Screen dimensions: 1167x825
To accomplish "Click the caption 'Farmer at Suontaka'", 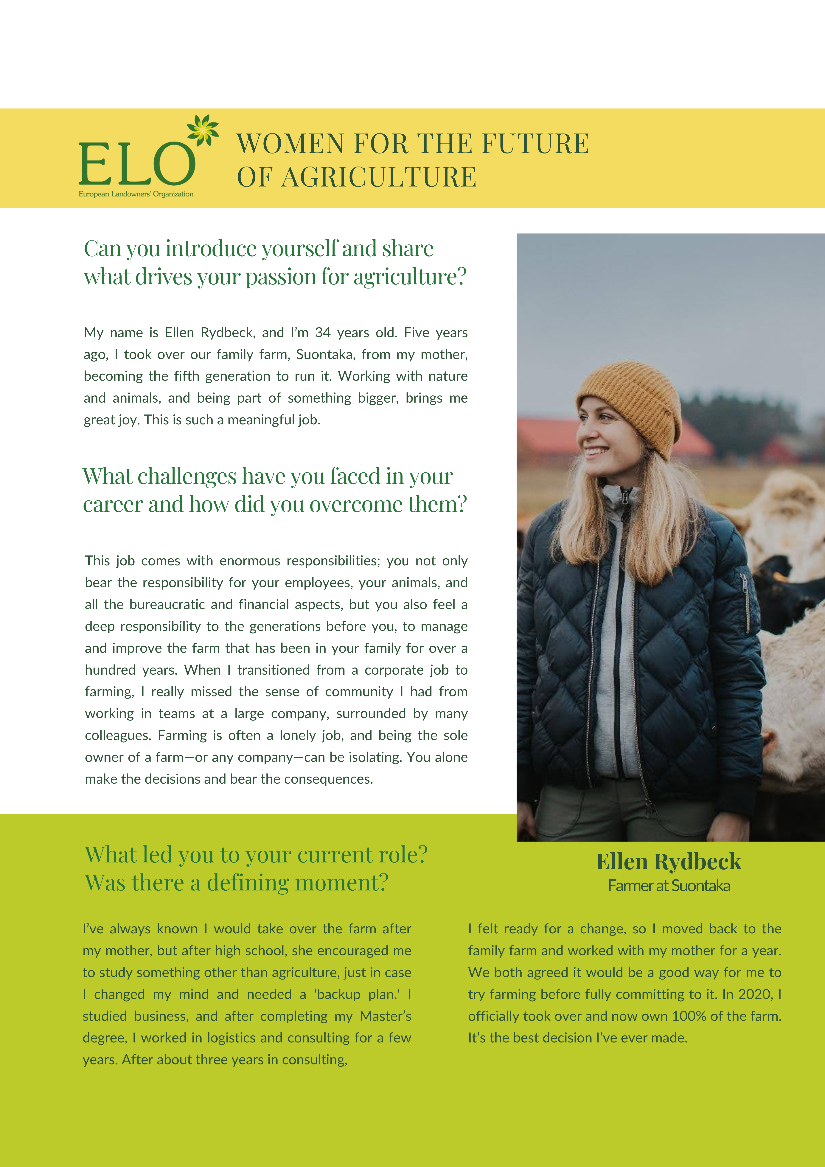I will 668,886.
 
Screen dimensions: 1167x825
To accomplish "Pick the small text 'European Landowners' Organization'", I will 136,194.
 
